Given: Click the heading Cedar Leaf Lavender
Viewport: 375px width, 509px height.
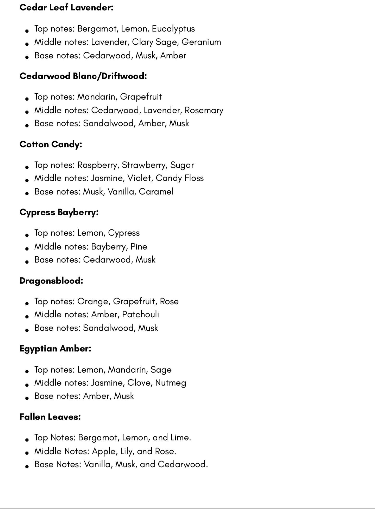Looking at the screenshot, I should tap(66, 8).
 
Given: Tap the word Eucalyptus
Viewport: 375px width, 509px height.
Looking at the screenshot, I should tap(173, 29).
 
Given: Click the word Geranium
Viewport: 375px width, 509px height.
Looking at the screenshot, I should tap(201, 42).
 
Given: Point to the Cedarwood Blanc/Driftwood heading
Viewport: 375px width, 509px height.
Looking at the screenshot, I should tap(83, 76).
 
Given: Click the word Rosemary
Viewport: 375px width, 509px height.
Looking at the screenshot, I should tap(204, 111).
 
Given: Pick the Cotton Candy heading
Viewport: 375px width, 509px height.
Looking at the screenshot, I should tap(51, 144).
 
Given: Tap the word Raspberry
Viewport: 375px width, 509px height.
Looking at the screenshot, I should tap(98, 165).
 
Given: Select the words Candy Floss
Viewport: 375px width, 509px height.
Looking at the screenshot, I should tap(179, 178).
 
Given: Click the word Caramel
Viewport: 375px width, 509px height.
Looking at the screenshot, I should tap(156, 192).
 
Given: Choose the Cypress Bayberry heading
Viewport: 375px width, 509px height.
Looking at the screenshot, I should tap(59, 213).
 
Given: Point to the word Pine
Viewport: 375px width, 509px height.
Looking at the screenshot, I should tap(139, 247).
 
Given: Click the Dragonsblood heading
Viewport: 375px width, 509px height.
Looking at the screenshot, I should tap(51, 281).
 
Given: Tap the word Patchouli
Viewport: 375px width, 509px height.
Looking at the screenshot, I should tap(140, 314).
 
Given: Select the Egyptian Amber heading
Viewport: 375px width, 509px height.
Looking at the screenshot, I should tap(55, 349).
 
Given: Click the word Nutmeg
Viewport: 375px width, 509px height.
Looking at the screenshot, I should tap(171, 383).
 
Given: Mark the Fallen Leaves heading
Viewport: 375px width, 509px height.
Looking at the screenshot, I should tap(50, 417).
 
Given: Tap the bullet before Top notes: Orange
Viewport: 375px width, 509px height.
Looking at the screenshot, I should tap(27, 303).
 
